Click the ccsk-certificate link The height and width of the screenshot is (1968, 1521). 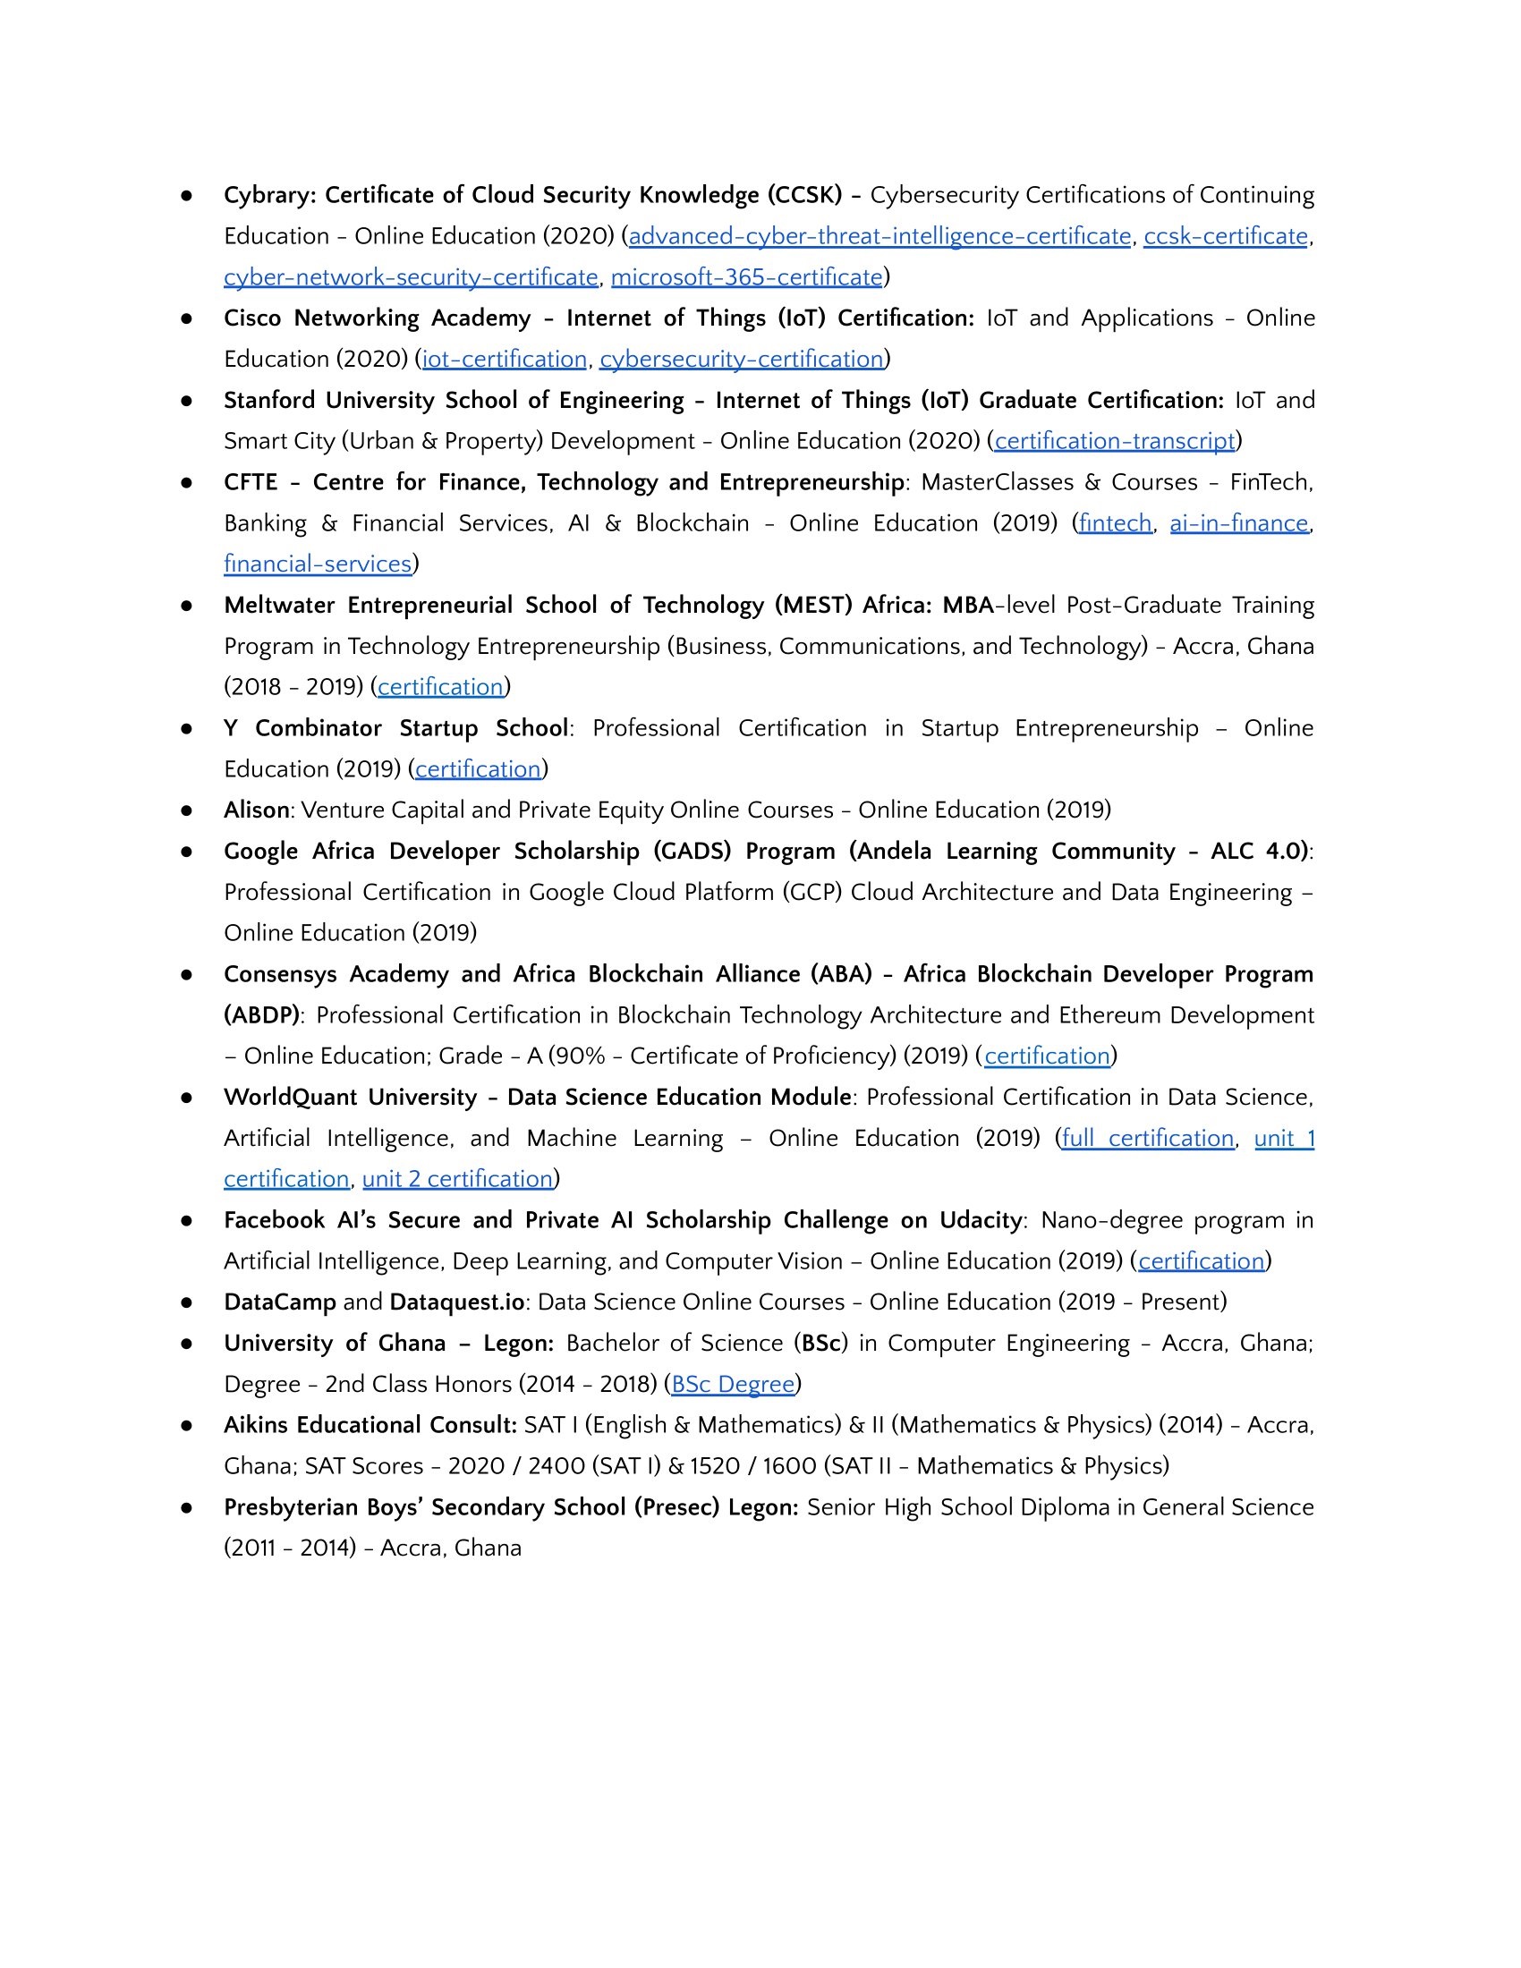tap(1226, 236)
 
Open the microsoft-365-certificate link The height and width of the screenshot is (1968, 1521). tap(746, 277)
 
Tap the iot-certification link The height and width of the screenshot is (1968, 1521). tap(505, 360)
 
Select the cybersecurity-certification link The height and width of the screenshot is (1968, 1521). tap(742, 360)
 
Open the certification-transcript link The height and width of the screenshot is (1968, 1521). tap(1115, 442)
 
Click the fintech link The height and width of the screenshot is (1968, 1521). tap(1116, 523)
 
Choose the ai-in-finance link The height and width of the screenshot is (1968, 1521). tap(1239, 523)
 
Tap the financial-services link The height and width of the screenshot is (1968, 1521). tap(318, 564)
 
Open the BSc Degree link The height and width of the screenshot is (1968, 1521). tap(734, 1384)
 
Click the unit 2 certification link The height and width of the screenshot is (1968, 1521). tap(458, 1180)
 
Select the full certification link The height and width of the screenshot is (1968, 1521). tap(1148, 1139)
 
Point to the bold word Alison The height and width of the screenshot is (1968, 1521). tap(257, 810)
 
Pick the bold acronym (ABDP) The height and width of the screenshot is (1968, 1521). tap(261, 1015)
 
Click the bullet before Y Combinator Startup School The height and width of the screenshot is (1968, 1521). tap(186, 729)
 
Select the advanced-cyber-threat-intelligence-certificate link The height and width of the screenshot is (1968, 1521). tap(879, 236)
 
